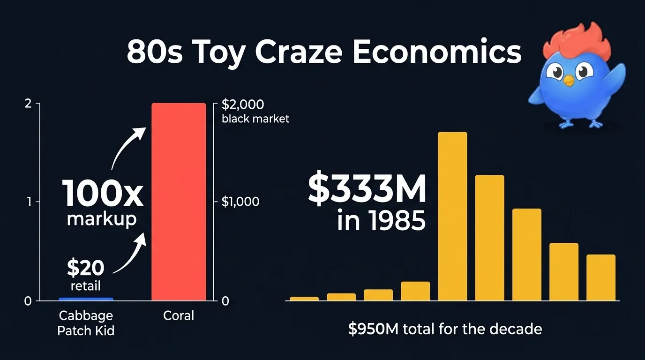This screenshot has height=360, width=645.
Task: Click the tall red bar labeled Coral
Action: tap(179, 202)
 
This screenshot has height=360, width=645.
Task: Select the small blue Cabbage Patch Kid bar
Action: tap(86, 299)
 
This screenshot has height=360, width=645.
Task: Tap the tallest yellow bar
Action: tap(452, 216)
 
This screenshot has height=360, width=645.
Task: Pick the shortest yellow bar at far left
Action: tap(304, 298)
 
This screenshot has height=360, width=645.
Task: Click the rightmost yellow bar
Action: tap(600, 277)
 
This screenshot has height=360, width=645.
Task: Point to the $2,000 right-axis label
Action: tap(243, 104)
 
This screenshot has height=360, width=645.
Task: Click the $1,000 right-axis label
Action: tap(240, 202)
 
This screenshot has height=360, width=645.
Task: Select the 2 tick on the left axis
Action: tap(28, 104)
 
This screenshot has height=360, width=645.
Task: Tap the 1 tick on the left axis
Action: tap(29, 202)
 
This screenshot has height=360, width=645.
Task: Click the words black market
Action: tap(255, 119)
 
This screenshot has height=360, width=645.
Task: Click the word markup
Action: tap(102, 219)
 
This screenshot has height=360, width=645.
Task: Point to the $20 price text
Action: tap(85, 268)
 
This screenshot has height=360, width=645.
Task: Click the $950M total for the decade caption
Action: tap(445, 329)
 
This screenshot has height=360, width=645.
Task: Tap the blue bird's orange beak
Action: tap(569, 82)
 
